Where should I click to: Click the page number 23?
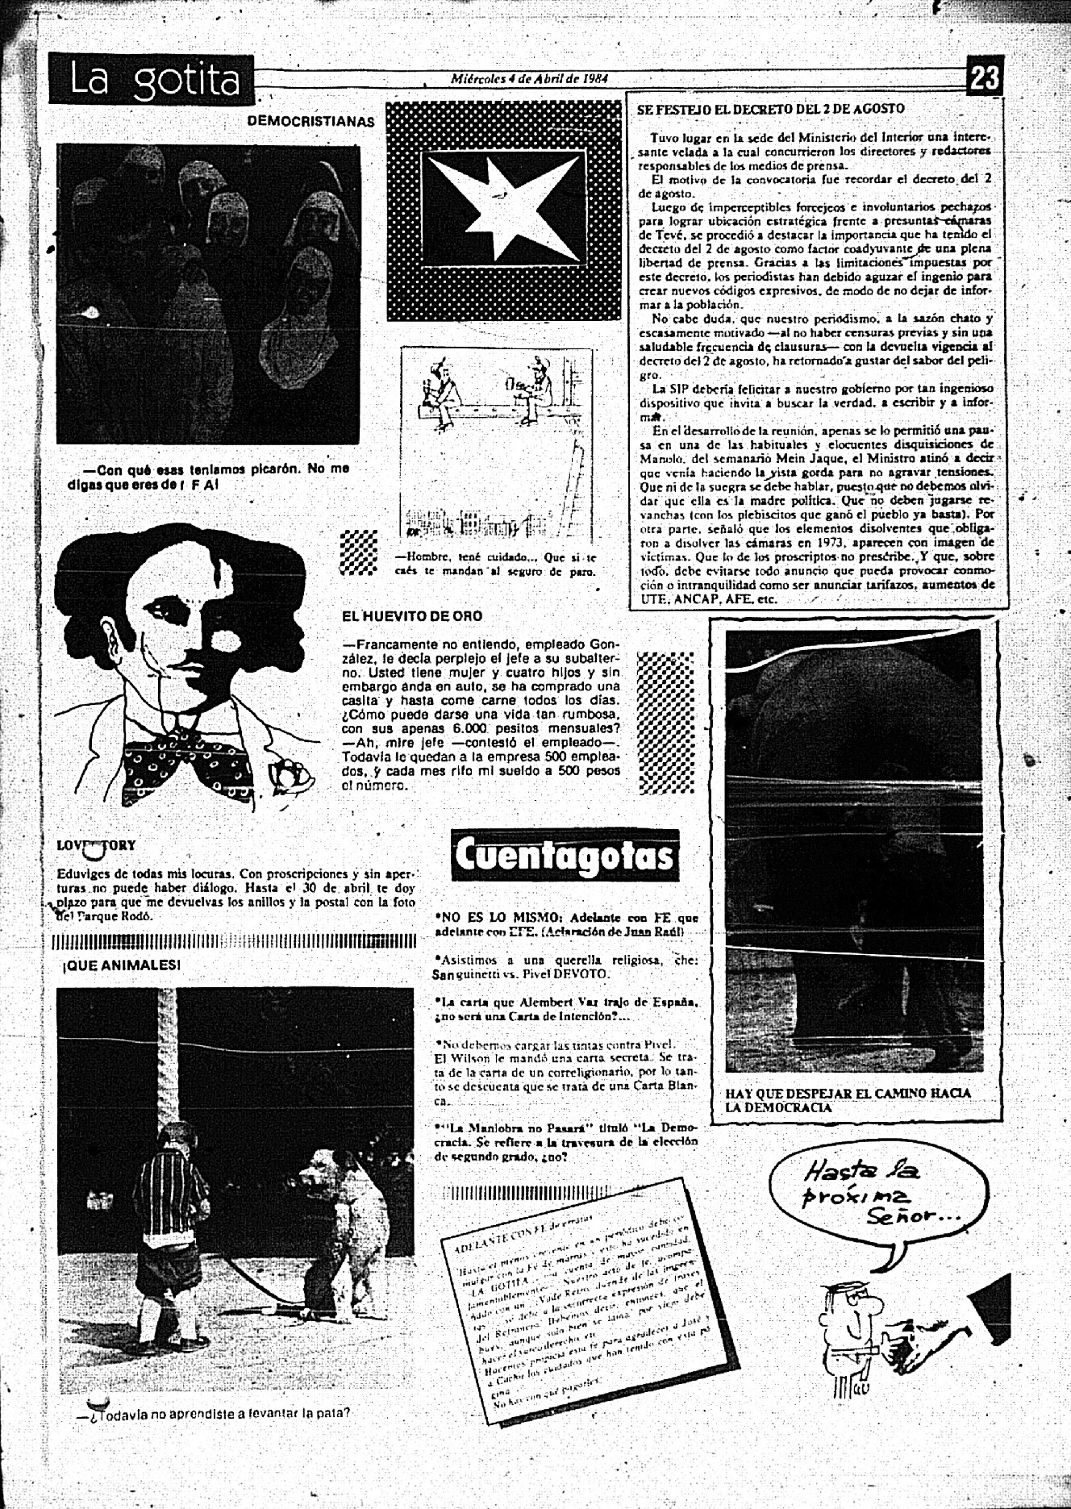(985, 78)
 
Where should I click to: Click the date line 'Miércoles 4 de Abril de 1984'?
(529, 79)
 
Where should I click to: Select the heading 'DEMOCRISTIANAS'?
(310, 122)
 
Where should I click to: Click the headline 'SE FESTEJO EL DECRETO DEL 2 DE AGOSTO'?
(770, 109)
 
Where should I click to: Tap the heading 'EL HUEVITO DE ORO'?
(412, 616)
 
